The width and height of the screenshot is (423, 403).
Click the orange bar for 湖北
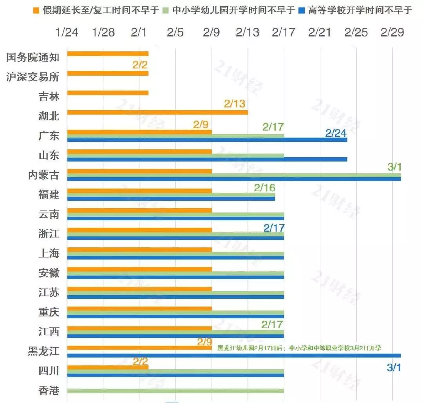pos(157,113)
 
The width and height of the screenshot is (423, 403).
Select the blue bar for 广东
pos(207,140)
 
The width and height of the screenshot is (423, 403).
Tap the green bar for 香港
pos(175,390)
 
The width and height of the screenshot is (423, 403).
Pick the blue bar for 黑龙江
pos(234,355)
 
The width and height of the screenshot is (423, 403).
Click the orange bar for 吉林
pos(108,93)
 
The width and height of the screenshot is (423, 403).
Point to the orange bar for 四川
pos(108,367)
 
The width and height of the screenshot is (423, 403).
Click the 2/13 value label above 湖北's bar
pos(235,104)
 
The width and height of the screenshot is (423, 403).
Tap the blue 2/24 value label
pos(336,133)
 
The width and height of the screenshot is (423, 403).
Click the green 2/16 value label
pos(265,187)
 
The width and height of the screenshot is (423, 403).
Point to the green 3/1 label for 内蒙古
pos(394,167)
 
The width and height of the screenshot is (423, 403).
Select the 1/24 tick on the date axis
pos(67,32)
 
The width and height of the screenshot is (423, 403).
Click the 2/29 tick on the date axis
pos(392,32)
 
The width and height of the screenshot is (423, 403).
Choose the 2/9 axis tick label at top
pos(211,32)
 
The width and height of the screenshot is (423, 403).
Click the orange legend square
pos(36,10)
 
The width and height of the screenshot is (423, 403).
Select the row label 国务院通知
pos(33,57)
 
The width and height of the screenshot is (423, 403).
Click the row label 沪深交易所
pos(33,77)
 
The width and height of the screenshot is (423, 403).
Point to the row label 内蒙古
pos(44,175)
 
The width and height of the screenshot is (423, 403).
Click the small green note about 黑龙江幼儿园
pos(299,347)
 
